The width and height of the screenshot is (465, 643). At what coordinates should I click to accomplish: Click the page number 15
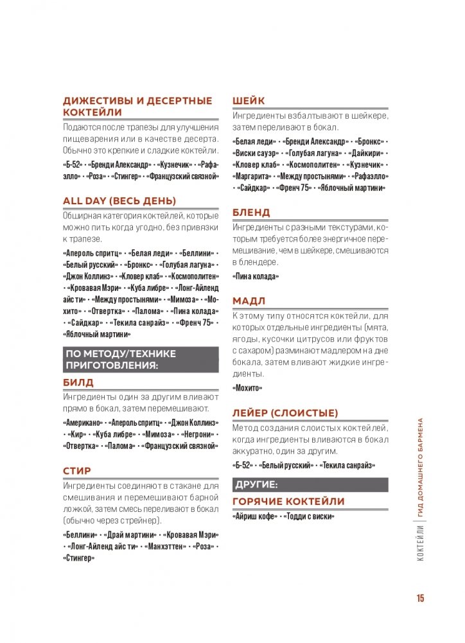point(420,598)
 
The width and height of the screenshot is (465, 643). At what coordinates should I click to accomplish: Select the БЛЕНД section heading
point(251,212)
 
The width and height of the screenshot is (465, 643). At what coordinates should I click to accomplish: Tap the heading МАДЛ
point(249,301)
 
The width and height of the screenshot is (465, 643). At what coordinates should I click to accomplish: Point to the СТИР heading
point(77,470)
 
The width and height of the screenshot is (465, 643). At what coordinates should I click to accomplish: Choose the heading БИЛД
point(78,382)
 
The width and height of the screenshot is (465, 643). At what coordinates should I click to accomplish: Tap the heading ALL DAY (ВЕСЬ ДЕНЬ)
point(119,201)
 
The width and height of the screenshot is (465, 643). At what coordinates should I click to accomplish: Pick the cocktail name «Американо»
point(83,423)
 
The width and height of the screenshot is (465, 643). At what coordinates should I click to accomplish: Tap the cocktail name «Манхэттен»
point(168,546)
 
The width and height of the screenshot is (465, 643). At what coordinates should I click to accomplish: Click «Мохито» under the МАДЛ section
point(247,388)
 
